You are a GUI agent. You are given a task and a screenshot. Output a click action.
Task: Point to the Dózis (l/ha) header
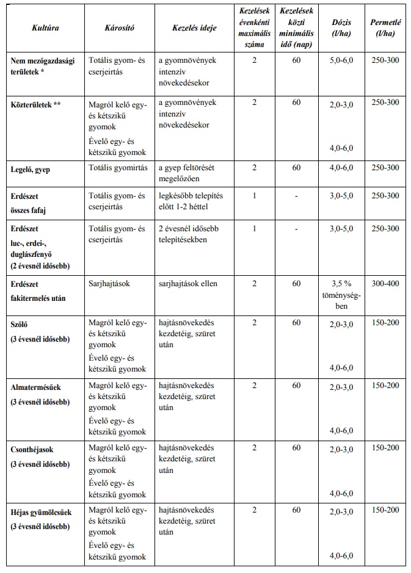(341, 28)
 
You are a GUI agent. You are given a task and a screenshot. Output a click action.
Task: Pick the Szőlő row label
(21, 325)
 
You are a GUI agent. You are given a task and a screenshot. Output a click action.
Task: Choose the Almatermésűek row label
(36, 387)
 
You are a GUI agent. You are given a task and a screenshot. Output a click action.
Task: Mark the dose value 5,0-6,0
(341, 61)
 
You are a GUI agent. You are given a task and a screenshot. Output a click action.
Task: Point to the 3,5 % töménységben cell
(341, 295)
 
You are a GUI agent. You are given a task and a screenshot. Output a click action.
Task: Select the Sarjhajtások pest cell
(110, 284)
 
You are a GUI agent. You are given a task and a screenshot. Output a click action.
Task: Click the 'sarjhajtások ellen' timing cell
(187, 284)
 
